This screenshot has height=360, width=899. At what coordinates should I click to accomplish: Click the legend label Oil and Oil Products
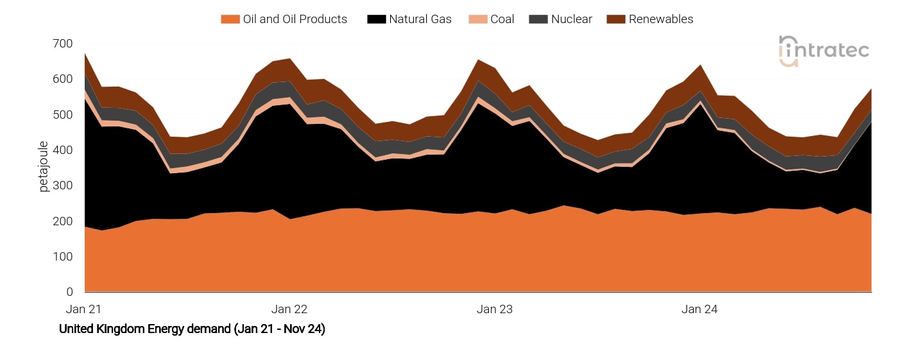click(295, 19)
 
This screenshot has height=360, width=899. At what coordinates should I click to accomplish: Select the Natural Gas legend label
click(420, 19)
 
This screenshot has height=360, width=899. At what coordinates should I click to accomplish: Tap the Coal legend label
click(502, 19)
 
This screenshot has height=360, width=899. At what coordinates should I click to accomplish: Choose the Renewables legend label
click(661, 19)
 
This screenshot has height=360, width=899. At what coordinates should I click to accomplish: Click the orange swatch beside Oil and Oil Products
click(230, 19)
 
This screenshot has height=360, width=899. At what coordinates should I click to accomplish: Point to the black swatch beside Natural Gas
click(376, 19)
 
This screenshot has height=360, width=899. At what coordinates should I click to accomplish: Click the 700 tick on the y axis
click(63, 44)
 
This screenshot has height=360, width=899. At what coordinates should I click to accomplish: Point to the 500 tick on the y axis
click(63, 115)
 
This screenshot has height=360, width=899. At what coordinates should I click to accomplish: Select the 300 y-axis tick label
click(63, 185)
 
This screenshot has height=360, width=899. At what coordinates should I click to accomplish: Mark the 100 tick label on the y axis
click(63, 257)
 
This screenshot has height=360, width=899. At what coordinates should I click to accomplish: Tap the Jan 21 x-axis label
click(85, 309)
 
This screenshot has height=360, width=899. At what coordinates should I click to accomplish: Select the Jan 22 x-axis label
click(289, 309)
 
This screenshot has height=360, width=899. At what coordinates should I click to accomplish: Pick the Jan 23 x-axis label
click(495, 309)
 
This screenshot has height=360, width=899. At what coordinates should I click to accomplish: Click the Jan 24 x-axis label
click(699, 309)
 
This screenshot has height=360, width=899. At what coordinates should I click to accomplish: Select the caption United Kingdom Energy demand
click(192, 329)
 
